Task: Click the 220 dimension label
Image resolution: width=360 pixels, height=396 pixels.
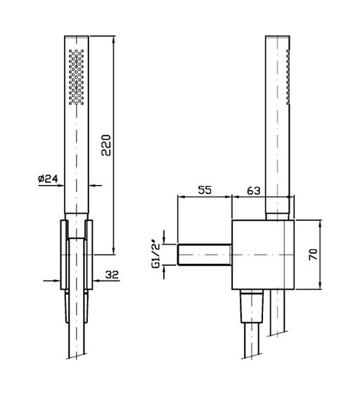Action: (x=106, y=145)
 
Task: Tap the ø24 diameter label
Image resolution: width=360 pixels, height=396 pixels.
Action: (x=48, y=179)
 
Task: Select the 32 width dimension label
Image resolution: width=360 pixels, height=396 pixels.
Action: (x=112, y=274)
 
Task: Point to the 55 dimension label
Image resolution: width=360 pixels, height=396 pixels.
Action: (x=205, y=190)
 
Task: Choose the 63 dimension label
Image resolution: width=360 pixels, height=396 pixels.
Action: (x=253, y=191)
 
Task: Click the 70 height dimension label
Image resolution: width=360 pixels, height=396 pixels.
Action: (x=314, y=254)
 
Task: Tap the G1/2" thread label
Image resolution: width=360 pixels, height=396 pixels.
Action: (x=156, y=255)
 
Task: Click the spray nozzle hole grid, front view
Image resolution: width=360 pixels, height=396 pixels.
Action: (x=76, y=77)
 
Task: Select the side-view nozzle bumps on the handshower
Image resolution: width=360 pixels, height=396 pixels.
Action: (x=288, y=77)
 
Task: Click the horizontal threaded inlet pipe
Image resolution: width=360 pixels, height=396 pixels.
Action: (x=205, y=255)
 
